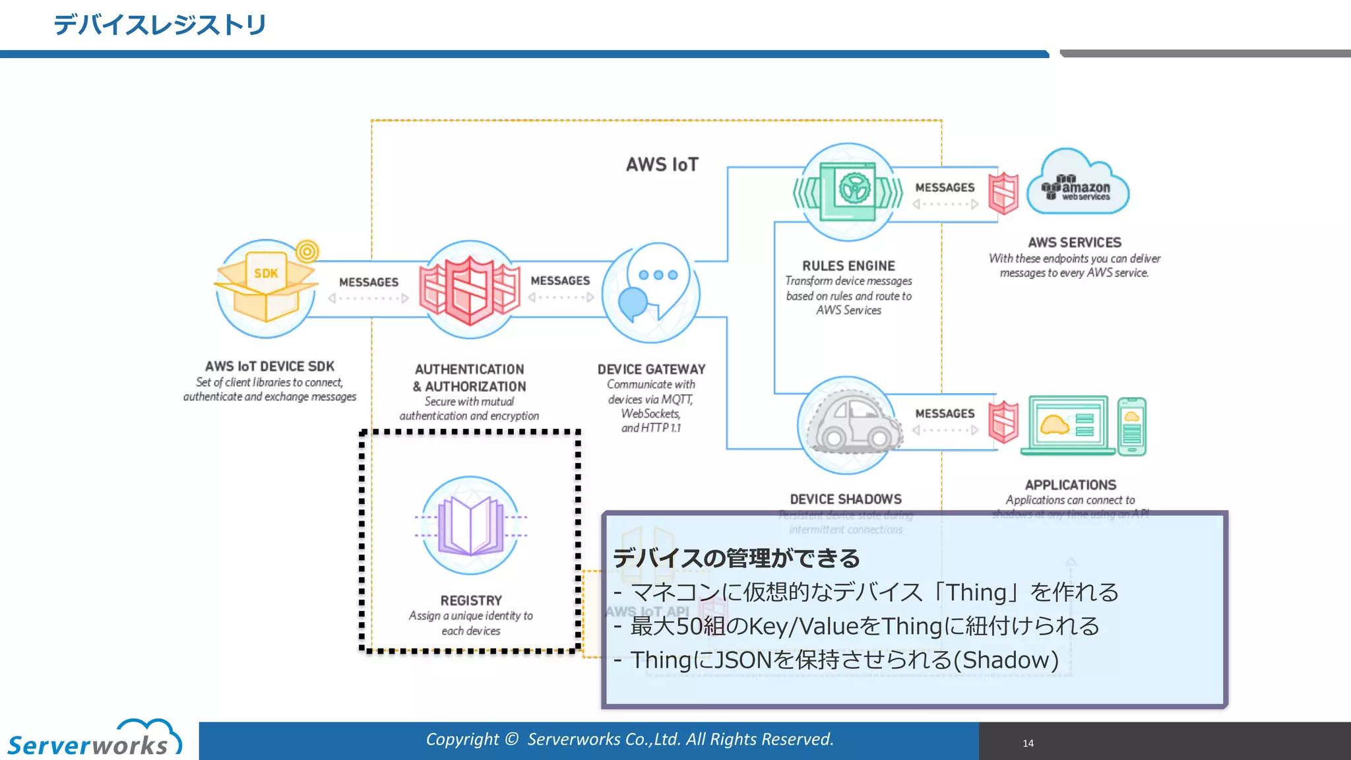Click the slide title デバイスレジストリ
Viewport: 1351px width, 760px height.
coord(160,25)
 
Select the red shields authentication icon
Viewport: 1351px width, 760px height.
coord(470,290)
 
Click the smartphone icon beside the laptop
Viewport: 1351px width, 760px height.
coord(1132,426)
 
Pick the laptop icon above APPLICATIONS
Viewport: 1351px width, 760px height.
coord(1067,426)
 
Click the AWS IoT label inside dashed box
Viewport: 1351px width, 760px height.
coord(662,164)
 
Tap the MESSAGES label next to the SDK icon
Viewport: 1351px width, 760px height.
coord(369,282)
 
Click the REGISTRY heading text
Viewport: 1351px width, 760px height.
coord(471,600)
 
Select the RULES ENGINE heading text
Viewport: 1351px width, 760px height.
coord(848,266)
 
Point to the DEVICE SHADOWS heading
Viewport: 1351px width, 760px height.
coord(846,499)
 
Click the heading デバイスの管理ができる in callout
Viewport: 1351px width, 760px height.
coord(736,558)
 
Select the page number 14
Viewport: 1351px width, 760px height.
coord(1028,744)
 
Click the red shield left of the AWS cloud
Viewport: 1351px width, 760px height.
coord(1003,193)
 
